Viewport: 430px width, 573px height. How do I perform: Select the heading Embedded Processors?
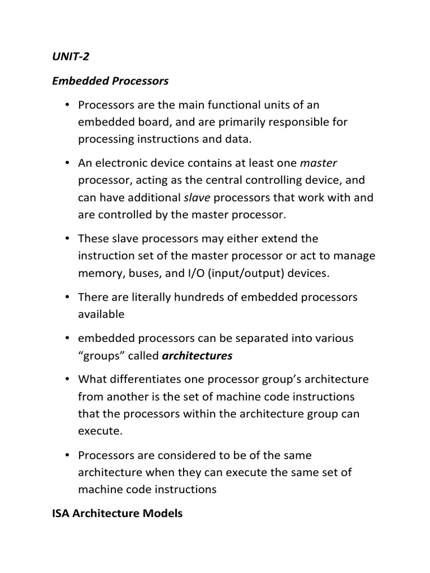[110, 81]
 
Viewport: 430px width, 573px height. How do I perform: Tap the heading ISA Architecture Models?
[117, 513]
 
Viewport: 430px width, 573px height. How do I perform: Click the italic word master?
[319, 163]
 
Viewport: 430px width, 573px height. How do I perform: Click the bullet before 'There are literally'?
[67, 297]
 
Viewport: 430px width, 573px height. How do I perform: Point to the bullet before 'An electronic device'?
[67, 163]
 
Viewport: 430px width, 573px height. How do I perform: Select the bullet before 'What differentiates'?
[67, 380]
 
